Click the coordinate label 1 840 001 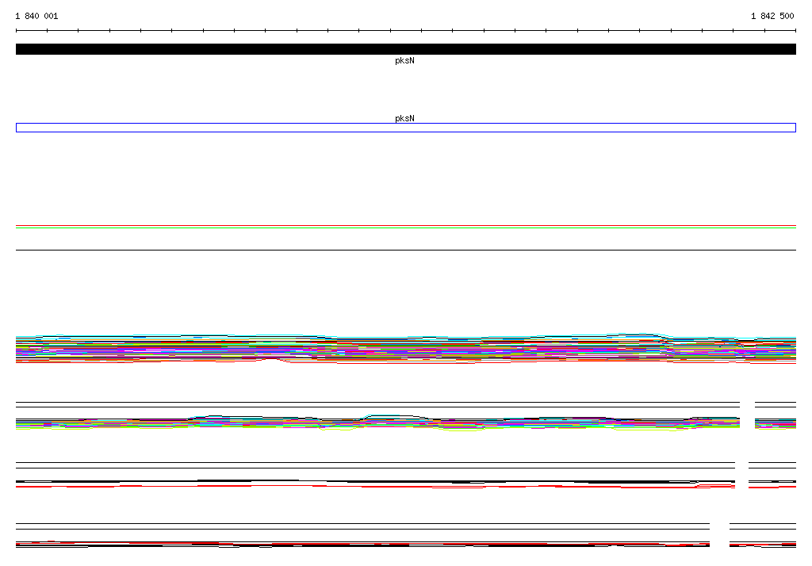point(36,16)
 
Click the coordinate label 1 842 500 point(772,16)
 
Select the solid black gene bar point(406,49)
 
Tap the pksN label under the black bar point(404,60)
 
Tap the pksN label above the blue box point(404,118)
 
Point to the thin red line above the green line point(406,226)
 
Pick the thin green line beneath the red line point(406,228)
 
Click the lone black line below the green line point(406,250)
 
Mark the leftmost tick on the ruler point(16,31)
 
